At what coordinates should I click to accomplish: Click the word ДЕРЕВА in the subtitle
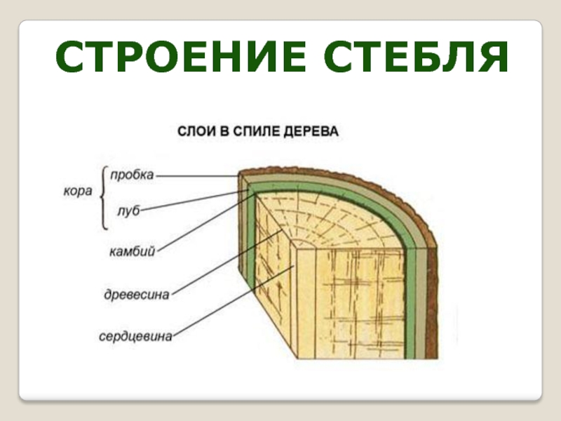click(312, 131)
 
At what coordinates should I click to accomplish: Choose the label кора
click(77, 192)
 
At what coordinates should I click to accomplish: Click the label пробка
click(132, 175)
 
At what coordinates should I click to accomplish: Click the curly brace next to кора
click(104, 199)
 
